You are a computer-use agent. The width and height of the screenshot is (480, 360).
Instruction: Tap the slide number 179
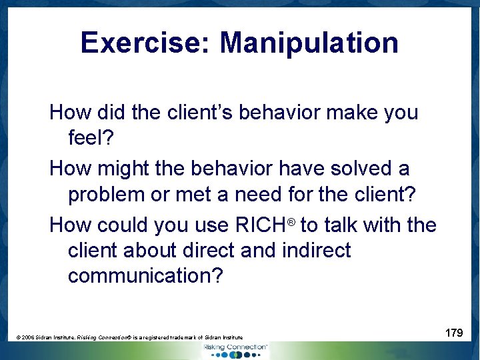coord(454,333)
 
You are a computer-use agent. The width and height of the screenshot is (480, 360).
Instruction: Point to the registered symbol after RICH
coord(291,220)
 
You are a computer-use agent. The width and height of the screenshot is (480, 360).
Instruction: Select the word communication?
coord(145,276)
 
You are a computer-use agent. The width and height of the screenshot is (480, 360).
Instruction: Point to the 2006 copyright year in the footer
coord(29,338)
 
